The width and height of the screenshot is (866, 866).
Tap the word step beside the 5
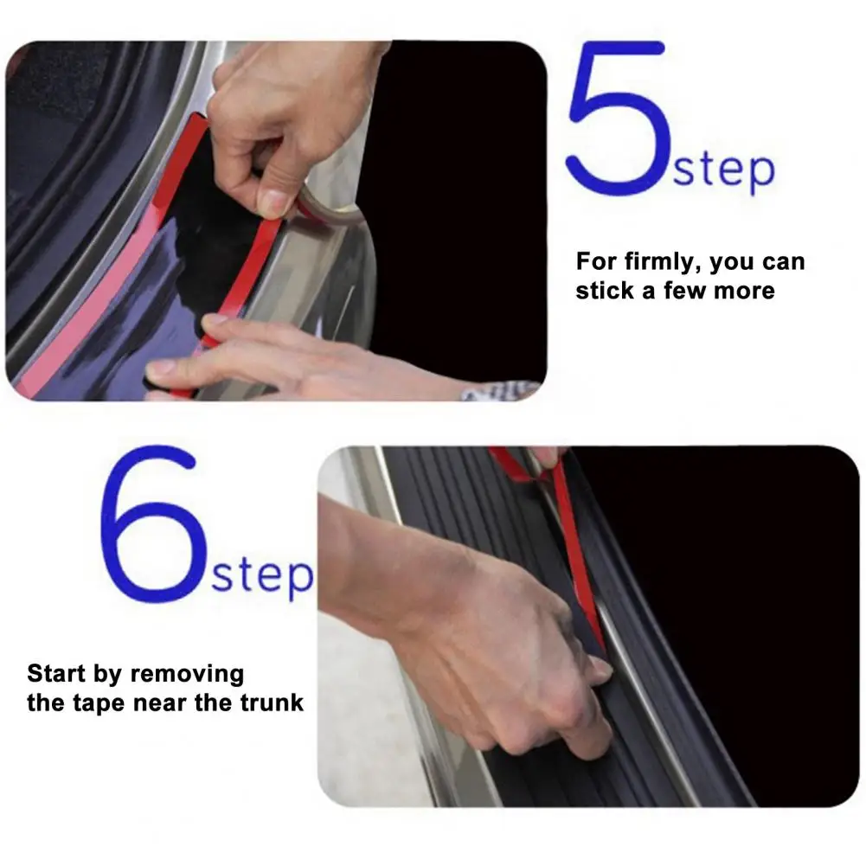point(723,170)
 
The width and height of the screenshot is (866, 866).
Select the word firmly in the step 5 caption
point(663,262)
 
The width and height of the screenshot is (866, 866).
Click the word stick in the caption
point(606,290)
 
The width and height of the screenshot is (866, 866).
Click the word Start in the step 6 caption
point(56,673)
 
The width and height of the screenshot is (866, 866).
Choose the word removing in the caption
point(187,675)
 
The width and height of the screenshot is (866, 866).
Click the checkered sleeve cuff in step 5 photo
point(500,391)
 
